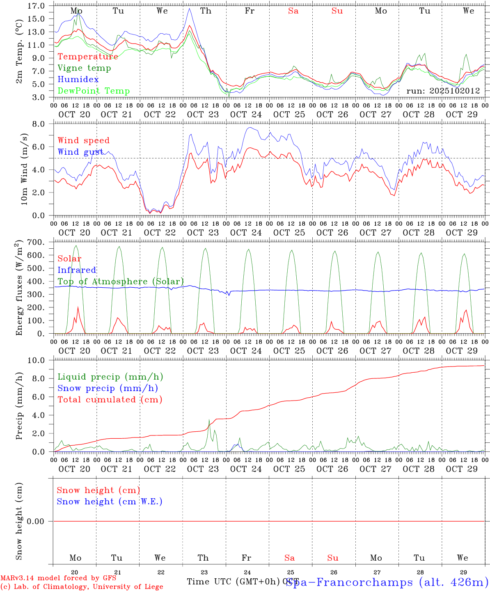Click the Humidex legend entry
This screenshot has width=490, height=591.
click(x=78, y=79)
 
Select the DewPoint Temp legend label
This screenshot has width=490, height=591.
click(x=94, y=91)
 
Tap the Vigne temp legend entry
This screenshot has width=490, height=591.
click(x=84, y=68)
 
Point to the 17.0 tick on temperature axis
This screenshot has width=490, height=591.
click(x=37, y=6)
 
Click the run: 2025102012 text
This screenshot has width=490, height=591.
click(x=443, y=91)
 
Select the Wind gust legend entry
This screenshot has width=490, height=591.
click(x=80, y=152)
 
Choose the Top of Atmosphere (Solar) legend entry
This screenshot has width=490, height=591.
click(x=121, y=282)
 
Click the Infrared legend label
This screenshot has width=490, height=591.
click(x=77, y=270)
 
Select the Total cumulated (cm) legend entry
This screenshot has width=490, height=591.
click(x=110, y=399)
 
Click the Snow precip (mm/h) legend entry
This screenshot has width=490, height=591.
click(x=108, y=388)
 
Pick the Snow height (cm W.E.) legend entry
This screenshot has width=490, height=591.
click(x=110, y=502)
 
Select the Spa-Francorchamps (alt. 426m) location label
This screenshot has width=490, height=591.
click(x=387, y=582)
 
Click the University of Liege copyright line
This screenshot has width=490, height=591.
click(x=82, y=586)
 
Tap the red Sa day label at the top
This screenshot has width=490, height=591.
click(x=293, y=11)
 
